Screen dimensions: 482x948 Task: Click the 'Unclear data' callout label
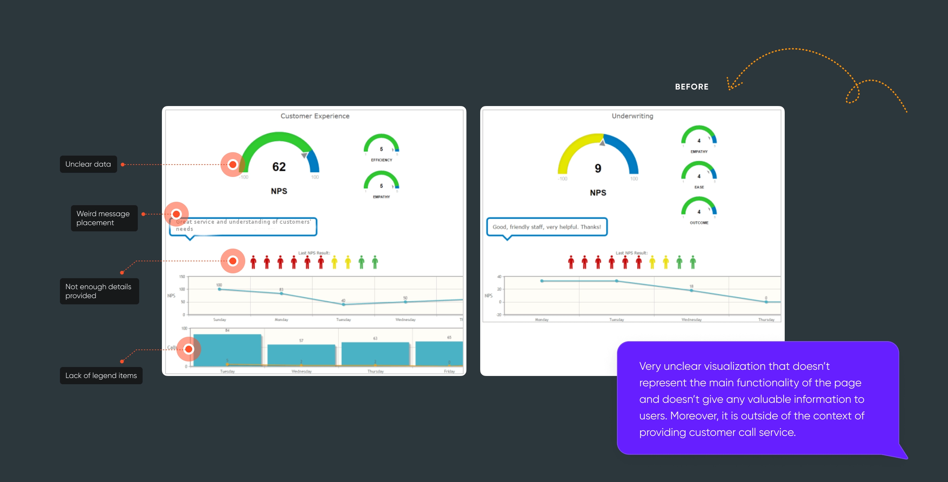point(88,164)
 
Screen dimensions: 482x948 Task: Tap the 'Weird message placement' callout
point(104,218)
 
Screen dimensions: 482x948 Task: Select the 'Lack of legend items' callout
point(101,375)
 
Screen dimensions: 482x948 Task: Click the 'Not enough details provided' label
point(99,291)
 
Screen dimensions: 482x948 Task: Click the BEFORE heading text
point(691,87)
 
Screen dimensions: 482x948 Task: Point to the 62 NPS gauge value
point(279,167)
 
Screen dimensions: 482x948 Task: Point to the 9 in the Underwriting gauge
point(598,168)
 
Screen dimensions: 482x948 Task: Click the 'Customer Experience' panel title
point(315,116)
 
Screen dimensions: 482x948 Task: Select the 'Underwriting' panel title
point(632,116)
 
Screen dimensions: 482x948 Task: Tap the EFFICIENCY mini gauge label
point(381,160)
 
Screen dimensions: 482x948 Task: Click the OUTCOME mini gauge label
point(699,223)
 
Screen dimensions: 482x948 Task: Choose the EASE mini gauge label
point(699,187)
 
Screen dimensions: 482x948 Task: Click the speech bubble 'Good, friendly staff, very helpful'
point(546,227)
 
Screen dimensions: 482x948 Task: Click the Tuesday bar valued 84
point(227,349)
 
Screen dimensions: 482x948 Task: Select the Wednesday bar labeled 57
point(301,355)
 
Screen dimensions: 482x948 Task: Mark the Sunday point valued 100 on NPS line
point(219,289)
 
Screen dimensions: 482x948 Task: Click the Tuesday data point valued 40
point(343,304)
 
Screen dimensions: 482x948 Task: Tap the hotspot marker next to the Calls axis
point(188,349)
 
